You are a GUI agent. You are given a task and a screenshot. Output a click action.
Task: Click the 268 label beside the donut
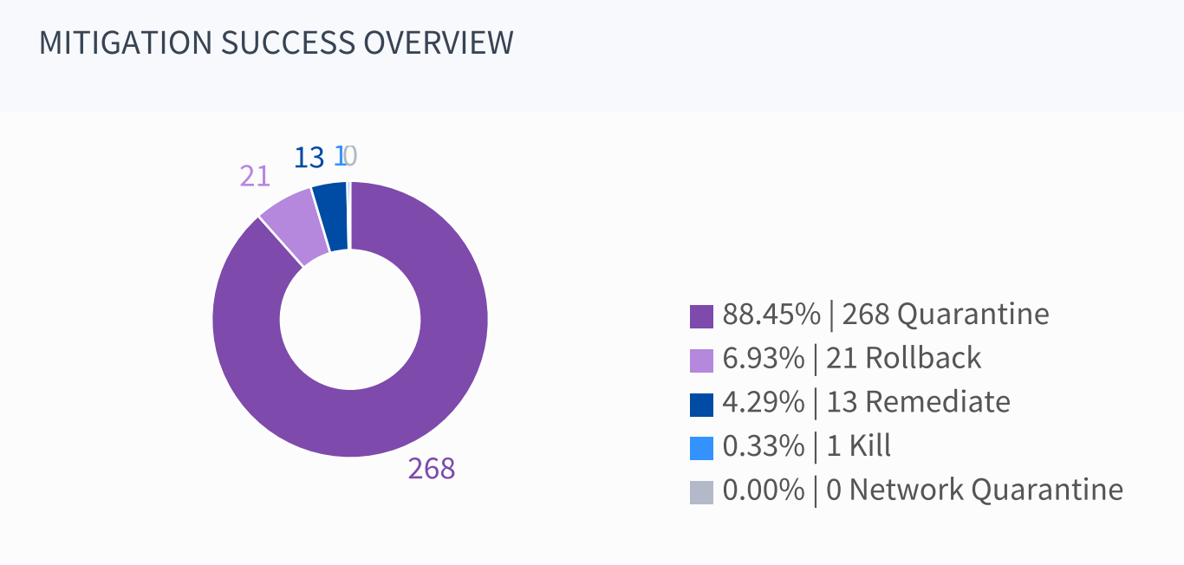tap(432, 469)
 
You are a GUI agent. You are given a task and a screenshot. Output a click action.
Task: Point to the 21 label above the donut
tap(255, 176)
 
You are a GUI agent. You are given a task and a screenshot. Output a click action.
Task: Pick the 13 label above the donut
tap(309, 158)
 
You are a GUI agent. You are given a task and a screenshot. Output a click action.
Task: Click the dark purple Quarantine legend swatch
tap(701, 315)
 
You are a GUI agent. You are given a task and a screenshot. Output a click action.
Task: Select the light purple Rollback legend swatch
tap(701, 360)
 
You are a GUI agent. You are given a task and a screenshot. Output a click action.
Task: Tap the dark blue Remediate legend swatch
tap(701, 404)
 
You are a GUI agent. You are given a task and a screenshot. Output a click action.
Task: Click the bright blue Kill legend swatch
tap(701, 448)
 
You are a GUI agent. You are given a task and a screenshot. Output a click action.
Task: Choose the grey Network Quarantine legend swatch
tap(701, 492)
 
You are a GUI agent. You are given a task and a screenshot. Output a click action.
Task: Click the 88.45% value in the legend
tap(771, 315)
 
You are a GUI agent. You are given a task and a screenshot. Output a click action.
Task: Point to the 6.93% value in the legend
tap(764, 359)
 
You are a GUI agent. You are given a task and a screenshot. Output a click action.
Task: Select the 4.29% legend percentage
tap(764, 403)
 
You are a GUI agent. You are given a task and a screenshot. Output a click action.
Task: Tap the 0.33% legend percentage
tap(764, 447)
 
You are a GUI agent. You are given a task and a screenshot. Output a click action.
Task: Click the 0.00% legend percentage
tap(764, 490)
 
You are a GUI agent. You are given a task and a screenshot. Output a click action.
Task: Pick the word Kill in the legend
tap(869, 447)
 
